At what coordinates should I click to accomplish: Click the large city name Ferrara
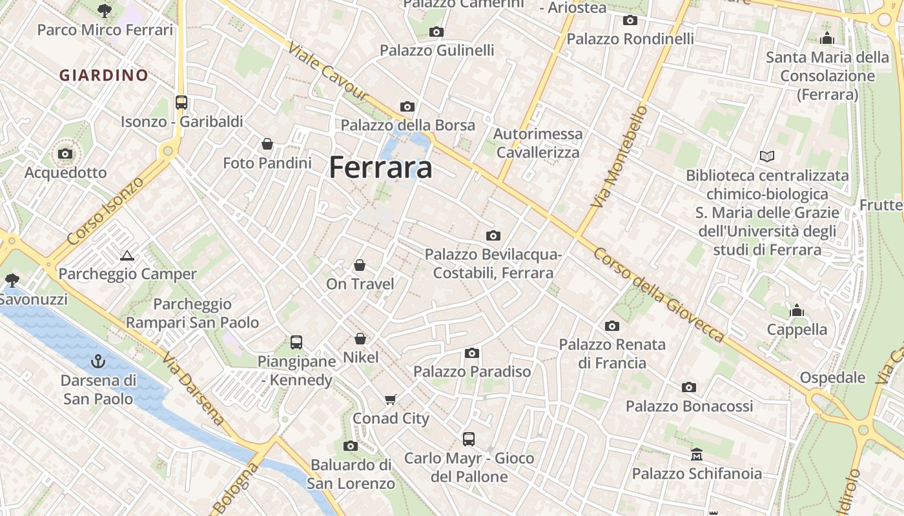tap(380, 168)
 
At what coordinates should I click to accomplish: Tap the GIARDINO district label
tap(104, 75)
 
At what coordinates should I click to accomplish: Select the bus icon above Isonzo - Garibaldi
tap(181, 102)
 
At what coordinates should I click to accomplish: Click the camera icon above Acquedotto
tap(65, 154)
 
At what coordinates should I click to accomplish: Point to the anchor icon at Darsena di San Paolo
tap(99, 361)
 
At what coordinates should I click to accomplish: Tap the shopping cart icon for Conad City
tap(390, 399)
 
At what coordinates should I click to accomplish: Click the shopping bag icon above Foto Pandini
tap(267, 144)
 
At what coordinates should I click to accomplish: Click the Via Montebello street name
tap(619, 157)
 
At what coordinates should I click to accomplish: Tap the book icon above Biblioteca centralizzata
tap(767, 156)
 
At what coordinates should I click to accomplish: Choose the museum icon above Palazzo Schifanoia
tap(697, 455)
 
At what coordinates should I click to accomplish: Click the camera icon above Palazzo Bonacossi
tap(689, 387)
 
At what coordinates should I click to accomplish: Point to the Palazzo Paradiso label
tap(472, 372)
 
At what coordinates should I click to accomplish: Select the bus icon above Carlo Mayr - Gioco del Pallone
tap(469, 439)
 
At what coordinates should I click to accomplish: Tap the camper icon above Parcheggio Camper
tap(127, 255)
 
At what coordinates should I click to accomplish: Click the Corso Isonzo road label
tap(105, 211)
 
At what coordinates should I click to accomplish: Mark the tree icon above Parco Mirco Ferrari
tap(105, 11)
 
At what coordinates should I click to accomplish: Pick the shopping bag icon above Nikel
tap(360, 339)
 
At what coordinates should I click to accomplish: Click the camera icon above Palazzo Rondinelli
tap(630, 20)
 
